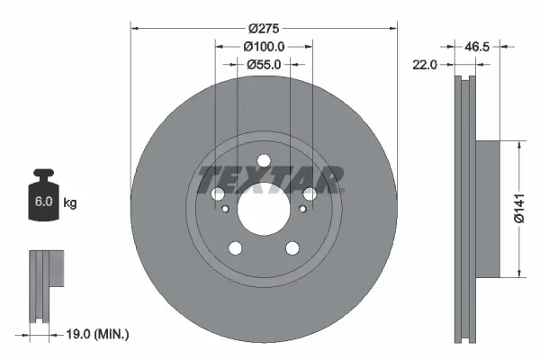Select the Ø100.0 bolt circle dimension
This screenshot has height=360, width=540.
264,46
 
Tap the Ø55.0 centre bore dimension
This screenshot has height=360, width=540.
264,64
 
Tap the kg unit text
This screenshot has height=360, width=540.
70,203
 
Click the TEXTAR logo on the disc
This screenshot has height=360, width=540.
271,179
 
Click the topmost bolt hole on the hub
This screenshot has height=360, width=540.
264,162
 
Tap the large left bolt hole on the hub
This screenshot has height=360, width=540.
218,194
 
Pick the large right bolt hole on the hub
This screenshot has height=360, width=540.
310,194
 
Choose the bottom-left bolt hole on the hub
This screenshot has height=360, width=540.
235,248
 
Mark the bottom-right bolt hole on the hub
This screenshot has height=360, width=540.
292,248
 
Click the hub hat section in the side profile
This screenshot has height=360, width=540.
486,208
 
